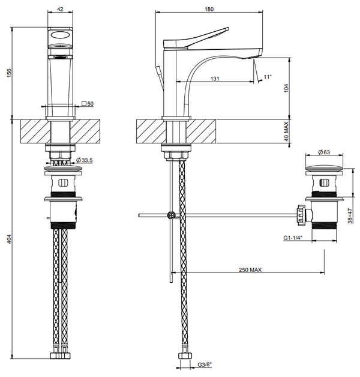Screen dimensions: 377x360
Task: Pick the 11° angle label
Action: [268, 76]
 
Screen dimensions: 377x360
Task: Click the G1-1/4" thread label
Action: [292, 238]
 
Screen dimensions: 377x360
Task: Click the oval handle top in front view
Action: [60, 37]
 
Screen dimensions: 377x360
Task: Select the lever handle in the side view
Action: [198, 37]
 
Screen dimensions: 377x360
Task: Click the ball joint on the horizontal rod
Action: [172, 214]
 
